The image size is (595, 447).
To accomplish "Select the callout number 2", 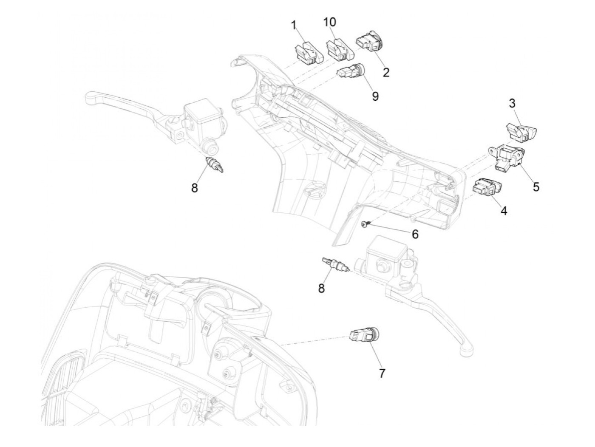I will click(x=385, y=73).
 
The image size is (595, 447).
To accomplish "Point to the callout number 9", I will click(x=375, y=96).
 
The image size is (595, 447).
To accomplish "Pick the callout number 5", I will click(x=536, y=187).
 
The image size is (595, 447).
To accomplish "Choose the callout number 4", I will click(x=504, y=210).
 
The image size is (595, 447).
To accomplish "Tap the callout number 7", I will click(x=382, y=373).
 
